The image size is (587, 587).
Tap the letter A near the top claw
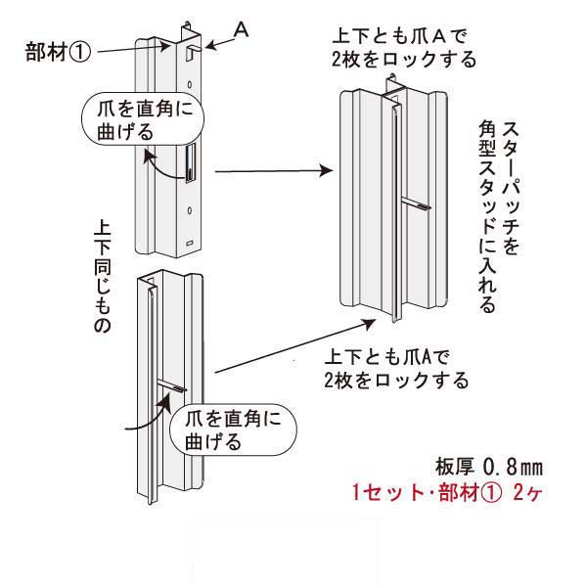click(242, 30)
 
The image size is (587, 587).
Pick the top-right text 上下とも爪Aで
click(395, 37)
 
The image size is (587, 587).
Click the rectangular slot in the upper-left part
click(190, 161)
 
